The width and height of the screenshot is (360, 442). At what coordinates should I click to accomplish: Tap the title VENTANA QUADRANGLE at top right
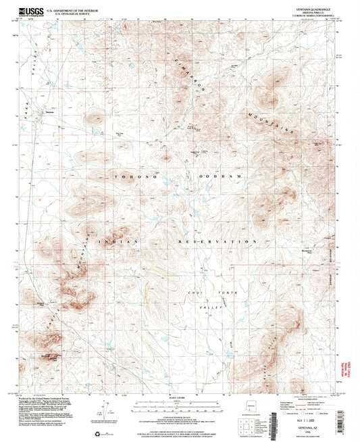pos(303,9)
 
